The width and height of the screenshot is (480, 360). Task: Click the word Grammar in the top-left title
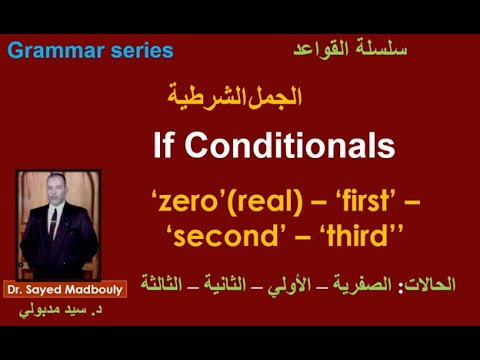(52, 51)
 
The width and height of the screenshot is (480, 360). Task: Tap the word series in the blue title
(138, 51)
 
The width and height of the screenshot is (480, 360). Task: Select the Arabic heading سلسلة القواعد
(350, 47)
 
